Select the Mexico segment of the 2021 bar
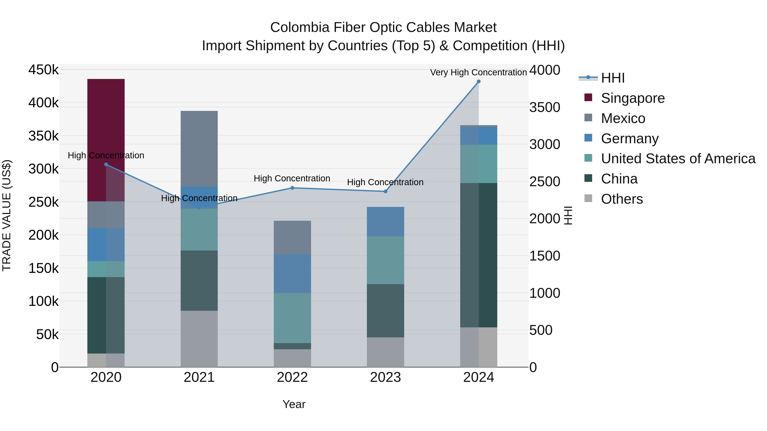tap(199, 149)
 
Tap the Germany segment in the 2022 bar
tap(292, 274)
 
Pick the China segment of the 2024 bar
tap(479, 255)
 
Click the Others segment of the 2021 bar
tap(199, 339)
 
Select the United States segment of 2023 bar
tap(385, 260)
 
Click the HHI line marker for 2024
tap(479, 82)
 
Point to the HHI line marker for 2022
tap(292, 188)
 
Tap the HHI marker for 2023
tap(385, 192)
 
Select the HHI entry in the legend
tap(613, 78)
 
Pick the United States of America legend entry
tap(678, 159)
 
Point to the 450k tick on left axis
tap(43, 70)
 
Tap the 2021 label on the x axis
tap(199, 377)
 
